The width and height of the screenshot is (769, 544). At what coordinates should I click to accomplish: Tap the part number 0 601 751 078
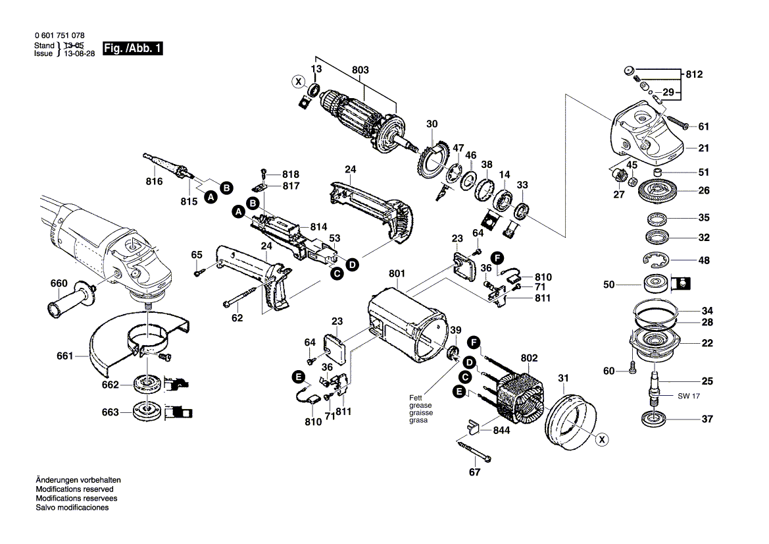pos(59,36)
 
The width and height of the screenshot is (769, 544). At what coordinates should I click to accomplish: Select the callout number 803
pos(360,70)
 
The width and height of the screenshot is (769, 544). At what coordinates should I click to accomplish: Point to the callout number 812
pos(693,74)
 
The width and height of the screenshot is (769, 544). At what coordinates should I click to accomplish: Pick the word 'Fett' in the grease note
pos(415,398)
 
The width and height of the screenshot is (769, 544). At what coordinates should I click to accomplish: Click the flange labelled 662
pos(145,384)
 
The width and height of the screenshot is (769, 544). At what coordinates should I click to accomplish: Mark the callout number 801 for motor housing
pos(397,273)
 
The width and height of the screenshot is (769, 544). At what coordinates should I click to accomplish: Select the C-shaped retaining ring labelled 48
pos(658,261)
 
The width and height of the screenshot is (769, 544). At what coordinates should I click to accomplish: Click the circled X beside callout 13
pos(298,82)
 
